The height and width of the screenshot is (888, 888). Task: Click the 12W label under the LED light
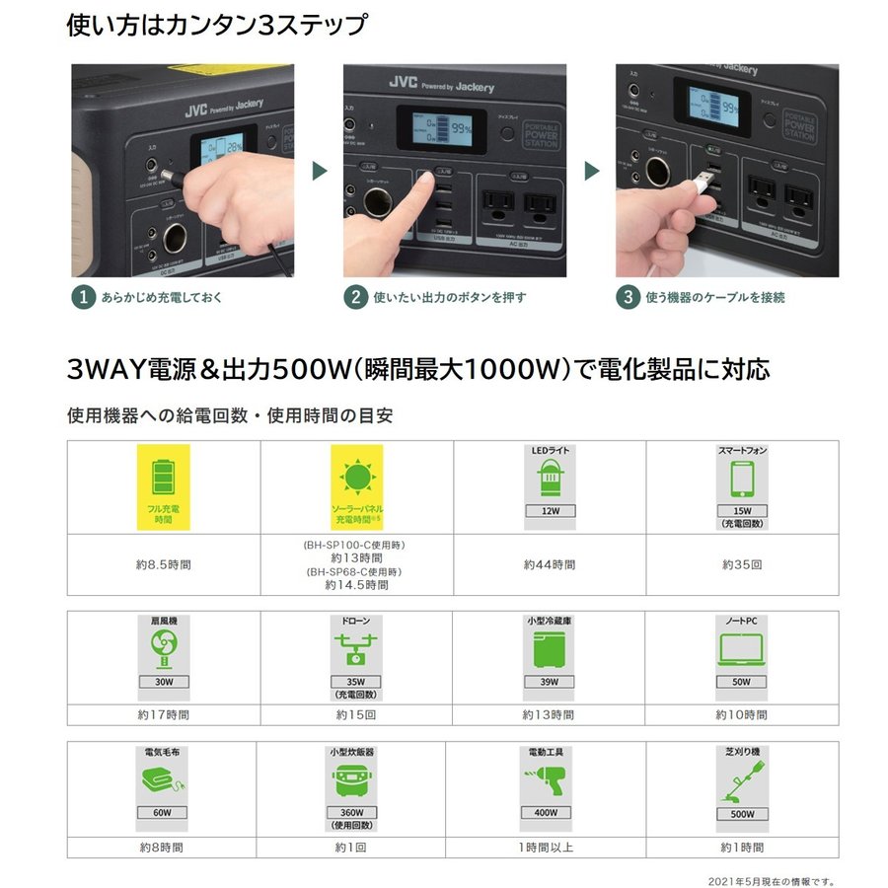coord(550,511)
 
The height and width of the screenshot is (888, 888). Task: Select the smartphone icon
coord(742,481)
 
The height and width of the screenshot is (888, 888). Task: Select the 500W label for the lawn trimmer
coord(742,814)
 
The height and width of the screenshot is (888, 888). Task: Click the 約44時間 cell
coord(550,565)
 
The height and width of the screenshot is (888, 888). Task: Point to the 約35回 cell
coord(742,565)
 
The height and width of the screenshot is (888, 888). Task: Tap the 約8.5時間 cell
coord(164,565)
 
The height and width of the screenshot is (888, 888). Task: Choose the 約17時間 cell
coord(164,714)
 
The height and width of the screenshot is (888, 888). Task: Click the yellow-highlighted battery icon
coord(164,476)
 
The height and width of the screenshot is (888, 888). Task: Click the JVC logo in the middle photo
coord(403,84)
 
